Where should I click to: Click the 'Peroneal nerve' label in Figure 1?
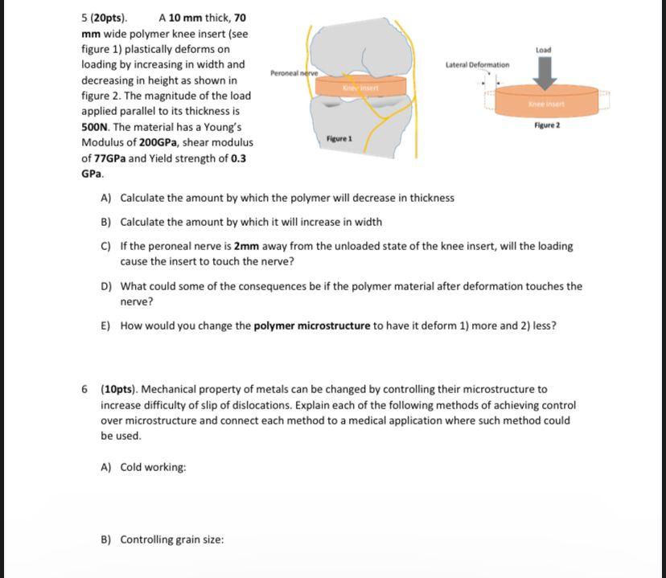pyautogui.click(x=294, y=72)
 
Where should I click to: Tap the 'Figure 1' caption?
pyautogui.click(x=339, y=139)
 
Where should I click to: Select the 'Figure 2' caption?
pyautogui.click(x=546, y=126)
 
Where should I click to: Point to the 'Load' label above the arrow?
pyautogui.click(x=544, y=50)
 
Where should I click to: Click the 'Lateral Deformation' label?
pyautogui.click(x=477, y=64)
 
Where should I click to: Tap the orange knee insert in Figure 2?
pyautogui.click(x=547, y=102)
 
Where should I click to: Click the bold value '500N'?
pyautogui.click(x=97, y=127)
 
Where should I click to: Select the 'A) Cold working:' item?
pyautogui.click(x=143, y=467)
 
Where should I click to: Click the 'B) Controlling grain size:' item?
pyautogui.click(x=162, y=539)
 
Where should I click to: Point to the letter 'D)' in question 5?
pyautogui.click(x=106, y=286)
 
